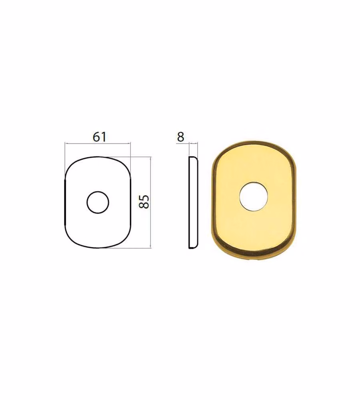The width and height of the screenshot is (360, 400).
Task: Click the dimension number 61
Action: click(99, 137)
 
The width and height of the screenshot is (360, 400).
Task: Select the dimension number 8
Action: click(180, 137)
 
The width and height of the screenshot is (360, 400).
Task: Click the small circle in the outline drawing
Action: click(98, 202)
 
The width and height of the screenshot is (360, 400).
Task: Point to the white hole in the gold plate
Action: click(253, 196)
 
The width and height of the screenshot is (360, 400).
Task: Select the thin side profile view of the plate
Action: click(193, 202)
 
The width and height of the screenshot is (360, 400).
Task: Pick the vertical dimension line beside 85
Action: click(150, 202)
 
